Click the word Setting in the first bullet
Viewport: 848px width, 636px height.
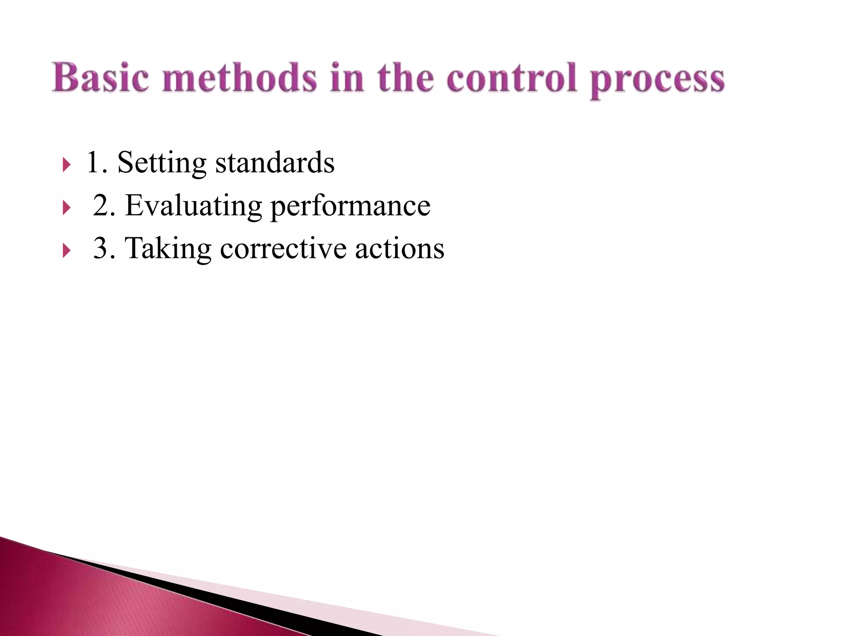click(162, 163)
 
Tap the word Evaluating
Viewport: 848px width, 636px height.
click(193, 206)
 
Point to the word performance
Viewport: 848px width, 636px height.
click(350, 207)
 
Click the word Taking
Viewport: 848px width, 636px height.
click(168, 249)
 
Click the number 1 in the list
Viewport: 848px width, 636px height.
click(92, 162)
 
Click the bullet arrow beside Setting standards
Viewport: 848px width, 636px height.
click(66, 164)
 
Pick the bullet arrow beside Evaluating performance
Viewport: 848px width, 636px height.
click(66, 207)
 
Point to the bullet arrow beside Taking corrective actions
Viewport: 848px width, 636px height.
click(66, 251)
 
